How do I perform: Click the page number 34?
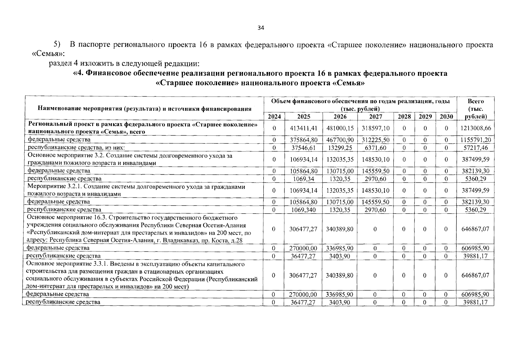pyautogui.click(x=261, y=28)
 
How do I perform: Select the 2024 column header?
pyautogui.click(x=274, y=116)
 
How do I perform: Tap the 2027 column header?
pyautogui.click(x=375, y=116)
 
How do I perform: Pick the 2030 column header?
pyautogui.click(x=446, y=116)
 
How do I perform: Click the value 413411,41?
pyautogui.click(x=303, y=128)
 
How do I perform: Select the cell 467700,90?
pyautogui.click(x=340, y=140)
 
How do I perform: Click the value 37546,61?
pyautogui.click(x=303, y=148)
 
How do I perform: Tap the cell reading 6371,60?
pyautogui.click(x=375, y=148)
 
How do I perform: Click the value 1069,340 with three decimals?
pyautogui.click(x=303, y=210)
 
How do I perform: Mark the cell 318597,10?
pyautogui.click(x=375, y=128)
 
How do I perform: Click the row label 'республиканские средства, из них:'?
pyautogui.click(x=76, y=147)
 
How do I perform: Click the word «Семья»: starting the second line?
pyautogui.click(x=48, y=54)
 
